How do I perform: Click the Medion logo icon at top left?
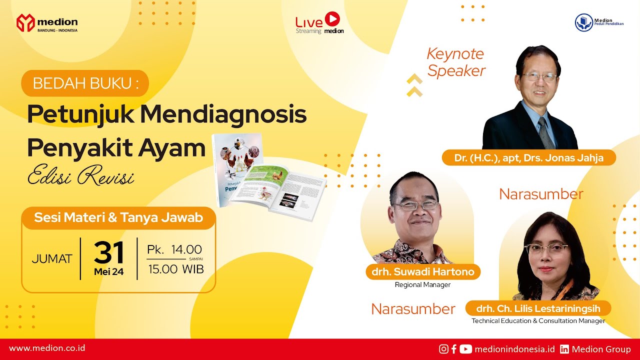(25, 23)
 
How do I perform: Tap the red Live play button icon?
(332, 19)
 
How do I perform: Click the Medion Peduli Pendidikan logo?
(583, 22)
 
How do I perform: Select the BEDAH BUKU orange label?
(85, 83)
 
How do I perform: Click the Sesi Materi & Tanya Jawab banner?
(118, 218)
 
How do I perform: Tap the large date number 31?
(108, 252)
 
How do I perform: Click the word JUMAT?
(52, 259)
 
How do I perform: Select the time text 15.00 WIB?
(175, 269)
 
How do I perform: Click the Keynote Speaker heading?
(455, 62)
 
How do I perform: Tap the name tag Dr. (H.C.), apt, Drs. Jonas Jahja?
(528, 158)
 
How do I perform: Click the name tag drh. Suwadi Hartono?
(422, 272)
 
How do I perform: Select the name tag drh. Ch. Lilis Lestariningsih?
(538, 308)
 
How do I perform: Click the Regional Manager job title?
(422, 285)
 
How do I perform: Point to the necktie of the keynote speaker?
(545, 132)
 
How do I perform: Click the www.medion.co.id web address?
(47, 348)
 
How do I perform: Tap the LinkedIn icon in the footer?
(564, 349)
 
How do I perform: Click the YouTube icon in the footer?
(465, 349)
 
